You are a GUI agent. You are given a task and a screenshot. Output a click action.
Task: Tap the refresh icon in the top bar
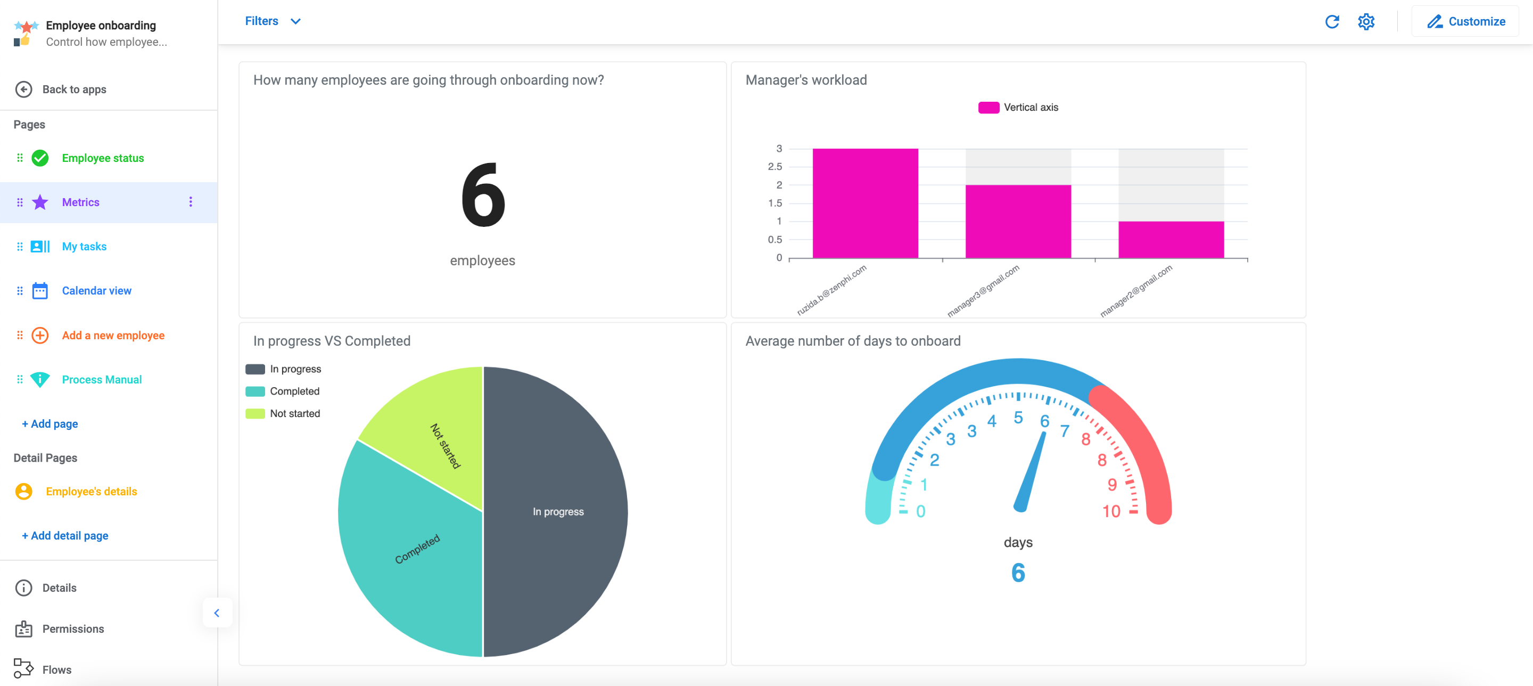tap(1332, 21)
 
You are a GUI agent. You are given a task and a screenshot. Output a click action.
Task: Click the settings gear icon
tap(1366, 21)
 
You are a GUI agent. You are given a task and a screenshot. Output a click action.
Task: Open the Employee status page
tap(102, 158)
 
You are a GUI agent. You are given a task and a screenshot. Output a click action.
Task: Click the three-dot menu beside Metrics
tap(191, 202)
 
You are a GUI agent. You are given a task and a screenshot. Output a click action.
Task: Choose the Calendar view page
tap(96, 291)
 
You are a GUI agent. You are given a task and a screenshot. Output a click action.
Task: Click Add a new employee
tap(113, 335)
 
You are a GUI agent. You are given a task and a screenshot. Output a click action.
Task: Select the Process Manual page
tap(101, 379)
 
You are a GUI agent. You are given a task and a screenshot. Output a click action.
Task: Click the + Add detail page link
tap(65, 535)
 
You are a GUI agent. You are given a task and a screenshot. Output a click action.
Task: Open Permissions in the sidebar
tap(72, 629)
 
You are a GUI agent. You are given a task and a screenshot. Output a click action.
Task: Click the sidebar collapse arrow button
tap(217, 612)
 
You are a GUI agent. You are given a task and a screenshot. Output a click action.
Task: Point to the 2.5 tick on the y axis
tap(775, 167)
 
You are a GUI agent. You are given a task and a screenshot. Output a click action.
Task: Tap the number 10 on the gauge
tap(1111, 511)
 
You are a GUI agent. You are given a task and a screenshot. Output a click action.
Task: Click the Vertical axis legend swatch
tap(988, 107)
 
